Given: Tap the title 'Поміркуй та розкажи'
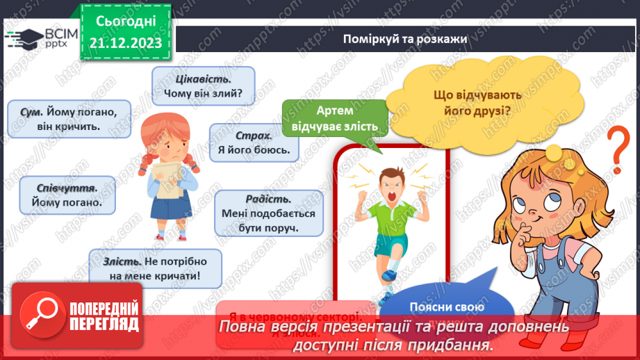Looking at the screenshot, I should tap(404, 38).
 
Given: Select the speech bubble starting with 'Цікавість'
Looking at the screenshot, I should tap(203, 83).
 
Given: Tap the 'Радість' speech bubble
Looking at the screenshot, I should tap(269, 213).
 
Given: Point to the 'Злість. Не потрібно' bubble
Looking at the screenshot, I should tap(154, 269).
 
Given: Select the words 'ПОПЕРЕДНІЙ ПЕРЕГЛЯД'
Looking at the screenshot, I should tap(104, 316).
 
